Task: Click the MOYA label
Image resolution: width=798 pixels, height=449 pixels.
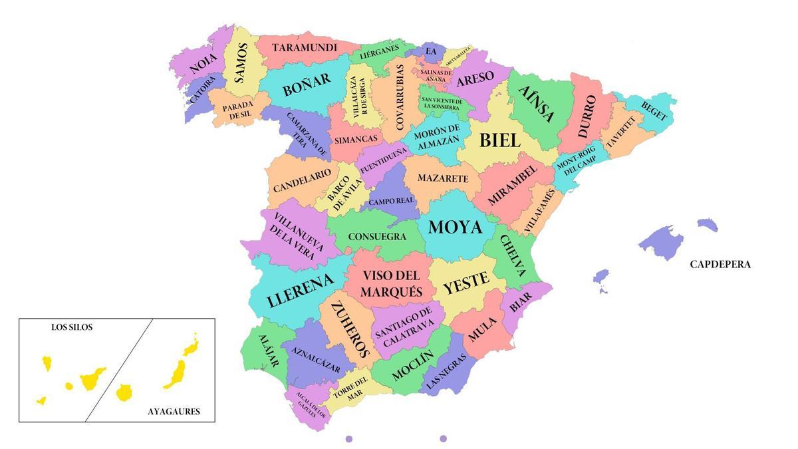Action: pyautogui.click(x=455, y=227)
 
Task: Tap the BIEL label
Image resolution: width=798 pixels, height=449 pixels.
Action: pyautogui.click(x=499, y=140)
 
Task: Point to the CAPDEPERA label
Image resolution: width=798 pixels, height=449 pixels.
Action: pyautogui.click(x=720, y=264)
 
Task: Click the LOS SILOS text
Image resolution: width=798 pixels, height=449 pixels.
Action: pyautogui.click(x=72, y=327)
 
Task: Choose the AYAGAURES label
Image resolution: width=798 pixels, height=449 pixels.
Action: pyautogui.click(x=173, y=412)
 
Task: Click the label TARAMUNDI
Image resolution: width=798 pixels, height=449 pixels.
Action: pyautogui.click(x=305, y=48)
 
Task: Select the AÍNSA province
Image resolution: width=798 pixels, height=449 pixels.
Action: pyautogui.click(x=536, y=105)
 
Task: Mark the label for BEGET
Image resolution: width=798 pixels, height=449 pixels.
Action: pyautogui.click(x=654, y=110)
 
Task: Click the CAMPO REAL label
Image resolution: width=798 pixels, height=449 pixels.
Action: pyautogui.click(x=391, y=201)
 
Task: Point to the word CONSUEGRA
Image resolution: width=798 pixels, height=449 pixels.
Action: pyautogui.click(x=377, y=237)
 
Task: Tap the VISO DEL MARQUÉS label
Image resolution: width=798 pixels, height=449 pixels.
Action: pyautogui.click(x=391, y=283)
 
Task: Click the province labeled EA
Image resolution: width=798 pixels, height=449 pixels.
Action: pyautogui.click(x=431, y=51)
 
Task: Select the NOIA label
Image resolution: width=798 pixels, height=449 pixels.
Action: pyautogui.click(x=204, y=63)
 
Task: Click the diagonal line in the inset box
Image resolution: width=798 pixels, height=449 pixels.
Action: pyautogui.click(x=119, y=370)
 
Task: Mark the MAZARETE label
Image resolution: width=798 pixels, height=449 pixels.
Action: pyautogui.click(x=443, y=179)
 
